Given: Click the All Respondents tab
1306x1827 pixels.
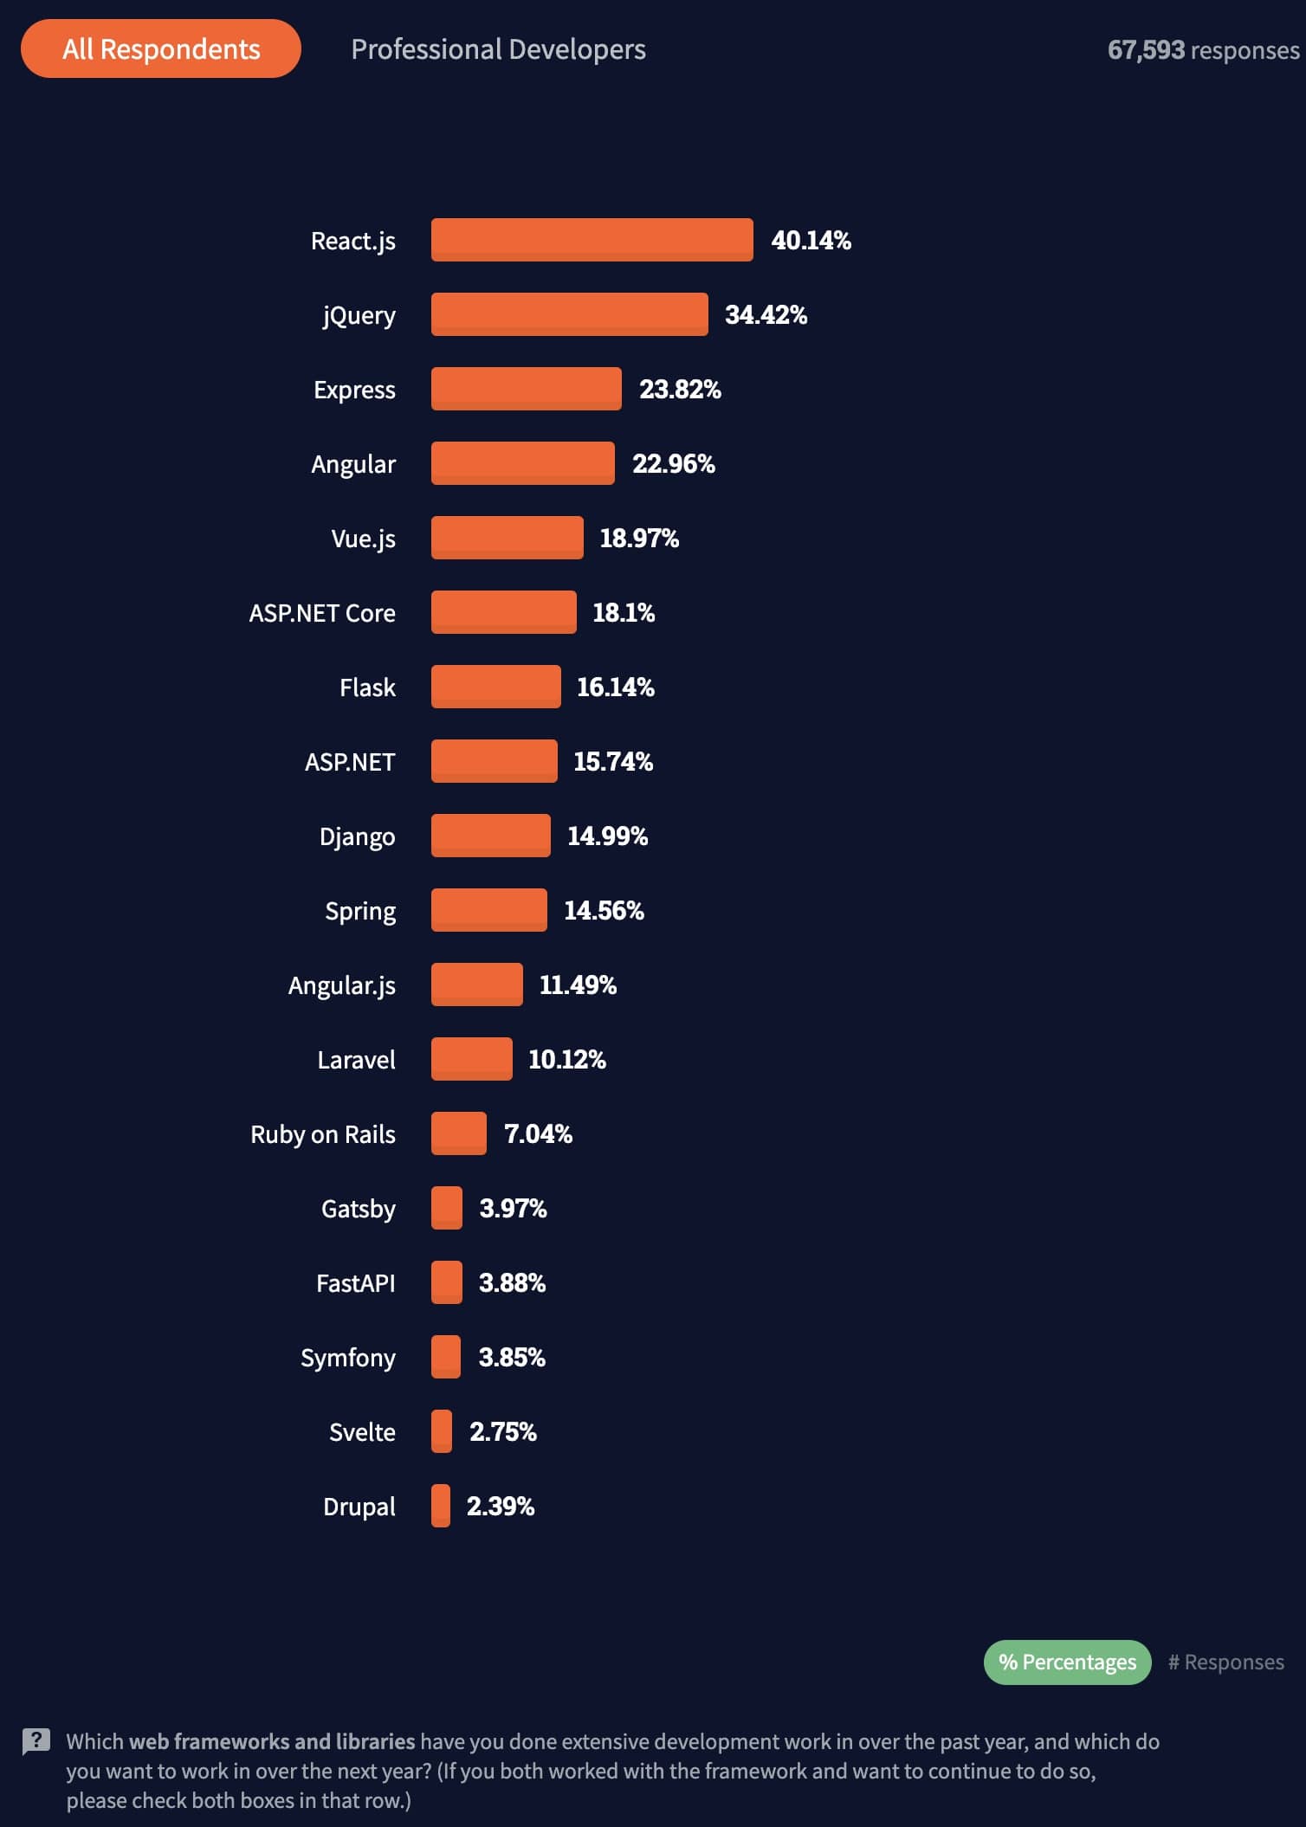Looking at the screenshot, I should tap(161, 49).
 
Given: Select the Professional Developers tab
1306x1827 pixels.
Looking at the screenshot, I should tap(498, 49).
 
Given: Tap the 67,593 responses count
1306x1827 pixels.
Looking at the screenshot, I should tap(1202, 50).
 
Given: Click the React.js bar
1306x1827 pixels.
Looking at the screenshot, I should tap(592, 240).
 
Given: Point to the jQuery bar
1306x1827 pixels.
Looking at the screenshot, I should tap(569, 314).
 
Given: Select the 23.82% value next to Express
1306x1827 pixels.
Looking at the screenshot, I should tap(680, 390).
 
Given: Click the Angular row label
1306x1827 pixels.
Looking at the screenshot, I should tap(353, 464).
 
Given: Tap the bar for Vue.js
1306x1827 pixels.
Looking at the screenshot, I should tap(507, 538).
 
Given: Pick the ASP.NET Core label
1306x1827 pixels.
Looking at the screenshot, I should tap(322, 613).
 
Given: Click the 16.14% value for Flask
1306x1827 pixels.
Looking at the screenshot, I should tap(615, 688).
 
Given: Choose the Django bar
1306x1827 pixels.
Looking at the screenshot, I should tap(490, 836).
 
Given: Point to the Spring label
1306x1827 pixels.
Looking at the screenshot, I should tap(360, 911).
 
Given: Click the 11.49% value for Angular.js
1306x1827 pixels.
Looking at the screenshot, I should tap(578, 985).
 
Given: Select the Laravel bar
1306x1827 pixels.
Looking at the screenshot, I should tap(471, 1059).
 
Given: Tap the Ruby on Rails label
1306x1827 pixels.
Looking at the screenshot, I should tap(323, 1134).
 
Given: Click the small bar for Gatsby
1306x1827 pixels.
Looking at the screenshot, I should tap(447, 1208).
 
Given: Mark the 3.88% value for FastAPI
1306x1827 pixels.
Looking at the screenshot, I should tap(512, 1283).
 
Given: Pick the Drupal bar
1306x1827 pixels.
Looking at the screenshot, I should tap(441, 1506).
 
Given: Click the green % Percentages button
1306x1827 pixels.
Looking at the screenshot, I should tap(1067, 1662).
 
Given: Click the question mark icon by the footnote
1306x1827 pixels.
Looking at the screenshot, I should tap(36, 1741).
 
